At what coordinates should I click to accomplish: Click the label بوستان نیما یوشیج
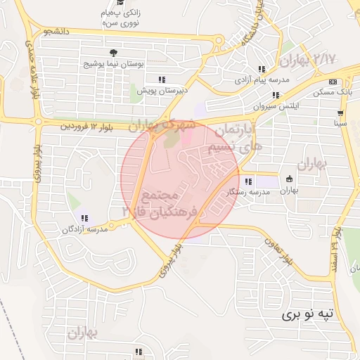pos(114,63)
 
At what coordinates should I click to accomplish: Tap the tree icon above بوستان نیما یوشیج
pos(114,53)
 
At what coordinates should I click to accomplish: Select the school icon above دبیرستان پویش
pos(162,79)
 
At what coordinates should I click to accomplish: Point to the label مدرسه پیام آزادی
pos(262,80)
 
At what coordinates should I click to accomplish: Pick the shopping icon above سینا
pos(340,113)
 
